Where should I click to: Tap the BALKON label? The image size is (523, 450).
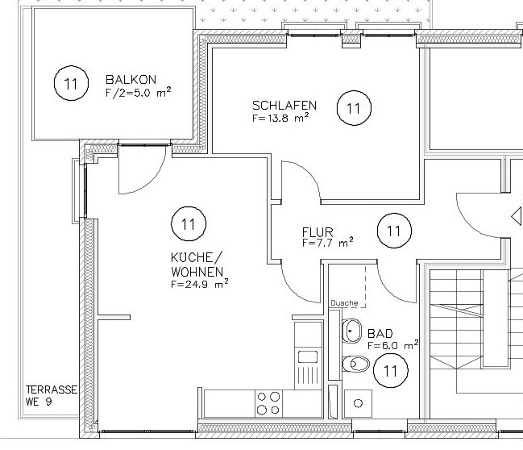[131, 81]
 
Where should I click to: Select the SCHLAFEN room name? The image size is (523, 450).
[284, 106]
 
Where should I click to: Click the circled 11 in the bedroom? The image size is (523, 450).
[353, 107]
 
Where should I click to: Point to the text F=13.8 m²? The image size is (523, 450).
[280, 118]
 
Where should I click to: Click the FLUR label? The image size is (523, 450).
[318, 231]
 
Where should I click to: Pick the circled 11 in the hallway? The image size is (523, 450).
[393, 231]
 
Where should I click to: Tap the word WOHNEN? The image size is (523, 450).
[196, 272]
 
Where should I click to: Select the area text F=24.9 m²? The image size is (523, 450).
[198, 284]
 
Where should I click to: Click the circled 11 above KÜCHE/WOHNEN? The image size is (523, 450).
[189, 223]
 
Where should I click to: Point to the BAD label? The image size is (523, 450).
[380, 333]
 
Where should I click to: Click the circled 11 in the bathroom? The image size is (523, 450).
[391, 371]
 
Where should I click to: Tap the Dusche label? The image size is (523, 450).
[343, 303]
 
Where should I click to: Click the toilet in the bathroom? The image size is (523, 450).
[354, 365]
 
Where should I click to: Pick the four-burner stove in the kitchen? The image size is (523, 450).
[268, 402]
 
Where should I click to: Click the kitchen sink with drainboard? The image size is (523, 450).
[307, 366]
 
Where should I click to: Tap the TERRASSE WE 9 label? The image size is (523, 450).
[50, 395]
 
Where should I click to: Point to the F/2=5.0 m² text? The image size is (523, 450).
[138, 92]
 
